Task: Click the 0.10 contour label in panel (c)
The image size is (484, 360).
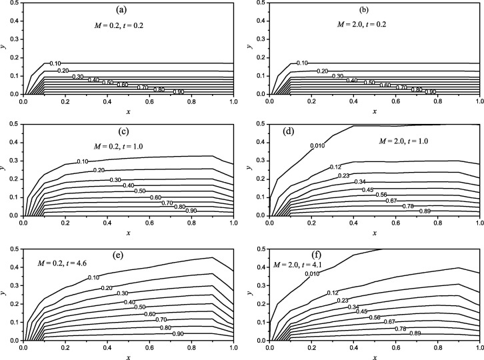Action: pos(83,161)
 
